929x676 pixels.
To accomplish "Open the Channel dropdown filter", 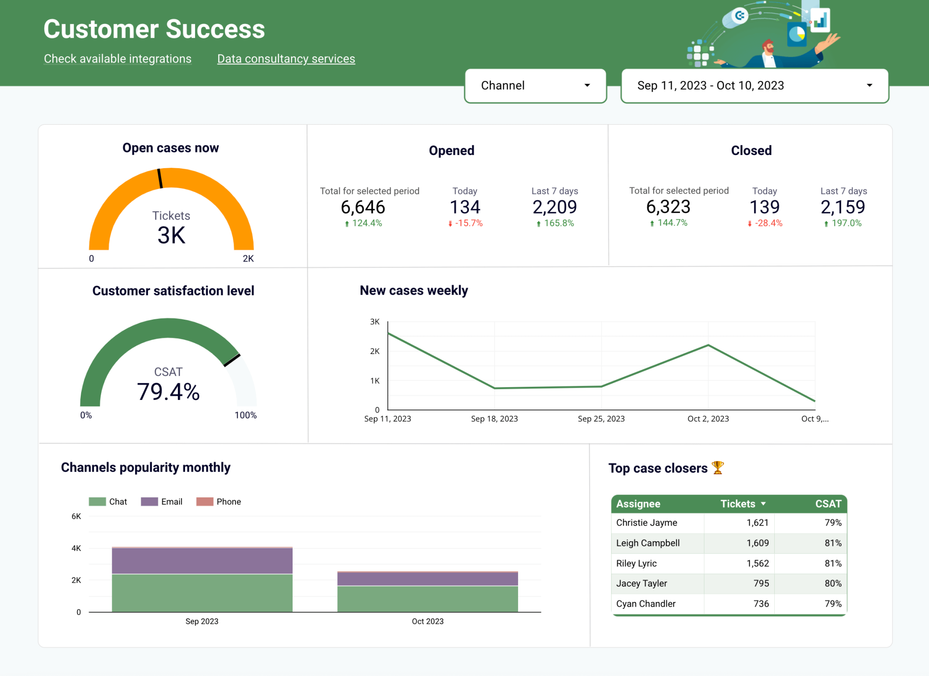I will tap(535, 86).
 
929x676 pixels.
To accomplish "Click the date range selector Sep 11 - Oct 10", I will tap(754, 86).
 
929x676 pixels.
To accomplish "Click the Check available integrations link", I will tap(117, 59).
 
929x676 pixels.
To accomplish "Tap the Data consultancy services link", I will tap(286, 59).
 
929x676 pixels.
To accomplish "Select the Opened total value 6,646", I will tap(362, 207).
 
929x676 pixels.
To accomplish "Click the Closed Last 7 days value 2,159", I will tap(842, 207).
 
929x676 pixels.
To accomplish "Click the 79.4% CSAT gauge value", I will tap(168, 392).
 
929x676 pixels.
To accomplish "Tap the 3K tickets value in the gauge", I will tap(171, 235).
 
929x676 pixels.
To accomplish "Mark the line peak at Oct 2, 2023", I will tap(708, 345).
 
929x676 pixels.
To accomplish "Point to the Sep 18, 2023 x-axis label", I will tap(494, 419).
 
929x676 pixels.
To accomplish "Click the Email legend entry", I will tap(162, 501).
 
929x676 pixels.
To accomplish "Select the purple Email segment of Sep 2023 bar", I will tap(202, 561).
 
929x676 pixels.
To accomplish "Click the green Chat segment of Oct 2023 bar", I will tap(427, 598).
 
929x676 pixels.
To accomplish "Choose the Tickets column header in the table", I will tap(738, 504).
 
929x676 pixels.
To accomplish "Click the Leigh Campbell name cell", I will tap(647, 543).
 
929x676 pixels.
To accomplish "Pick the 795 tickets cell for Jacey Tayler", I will tap(761, 584).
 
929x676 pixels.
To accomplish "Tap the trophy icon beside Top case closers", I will tap(718, 467).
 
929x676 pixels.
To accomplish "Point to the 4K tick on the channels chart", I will tap(76, 548).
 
